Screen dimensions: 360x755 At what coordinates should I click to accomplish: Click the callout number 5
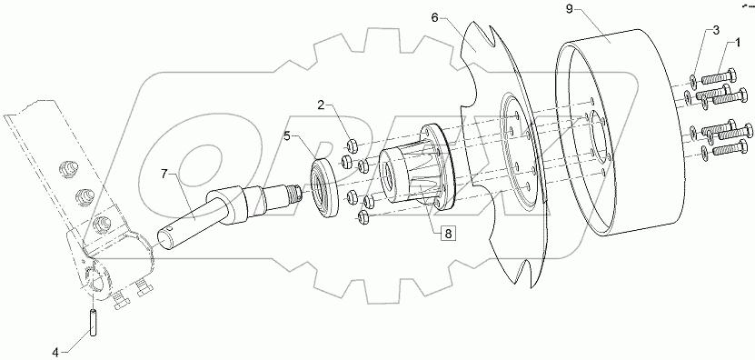[x=286, y=137]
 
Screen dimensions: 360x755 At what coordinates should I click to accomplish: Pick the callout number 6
[x=460, y=18]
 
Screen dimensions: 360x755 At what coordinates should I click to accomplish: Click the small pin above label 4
[x=93, y=320]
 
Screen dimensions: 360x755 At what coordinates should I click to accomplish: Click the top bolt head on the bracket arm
[x=65, y=167]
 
